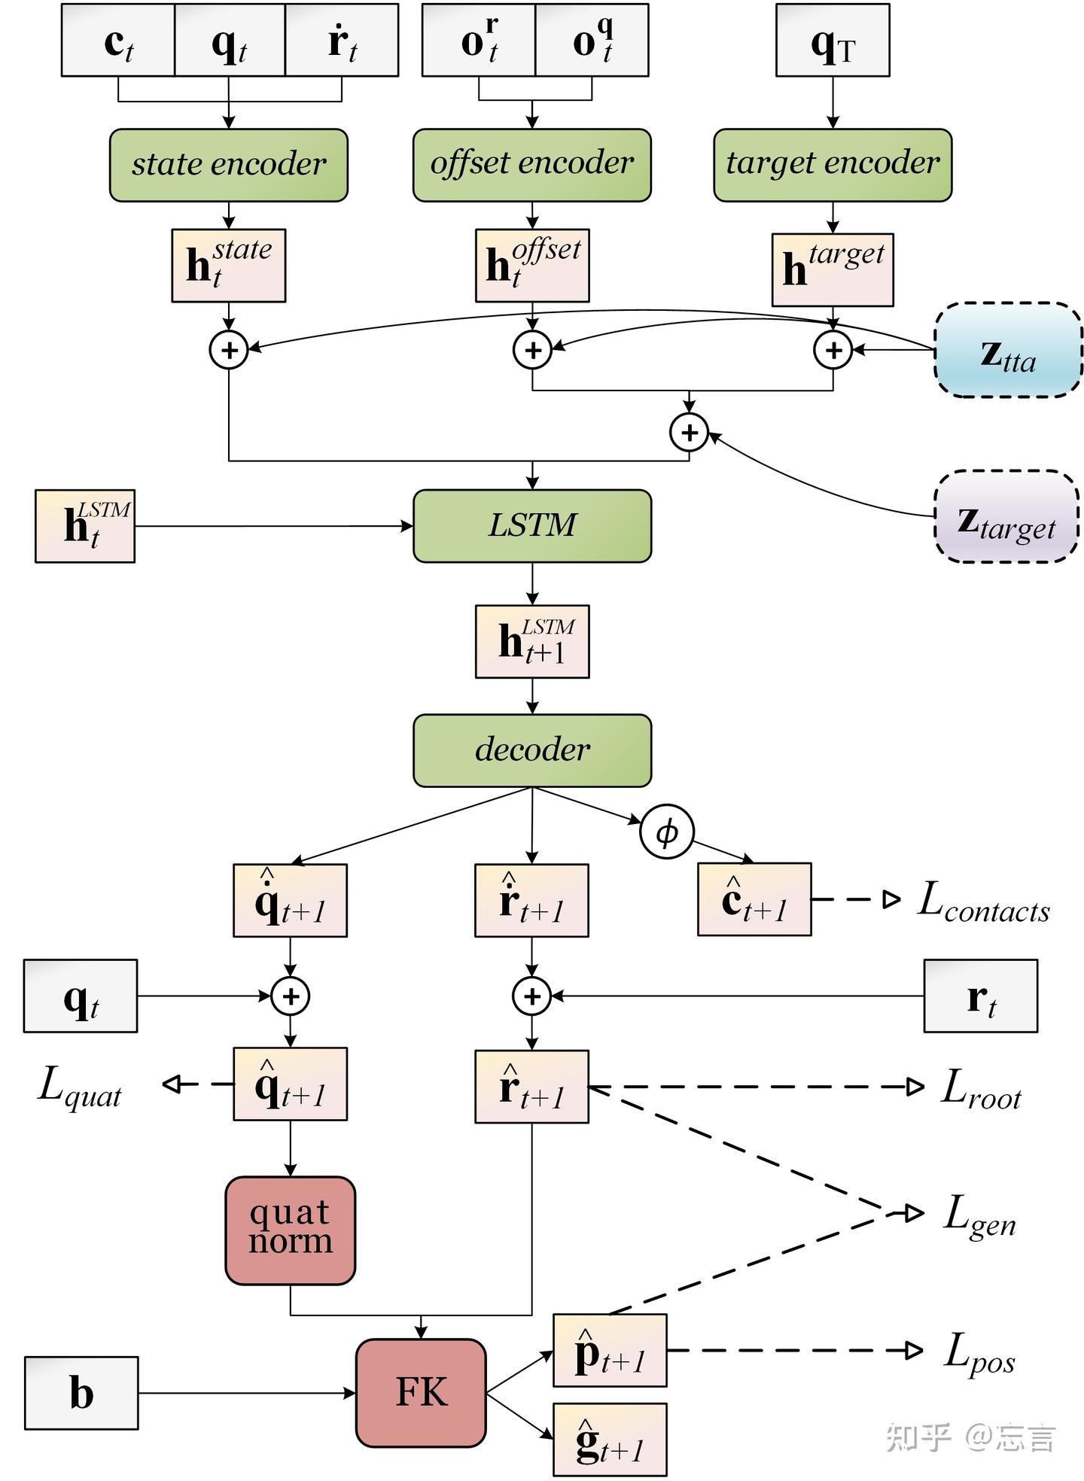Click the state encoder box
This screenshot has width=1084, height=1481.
228,165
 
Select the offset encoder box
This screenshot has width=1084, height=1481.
531,164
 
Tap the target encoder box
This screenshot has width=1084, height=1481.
833,164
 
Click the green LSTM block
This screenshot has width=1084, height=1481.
531,525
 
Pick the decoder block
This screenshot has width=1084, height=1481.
531,750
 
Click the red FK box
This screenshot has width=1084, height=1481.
421,1392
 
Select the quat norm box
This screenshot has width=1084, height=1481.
290,1230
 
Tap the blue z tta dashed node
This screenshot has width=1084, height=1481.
1008,350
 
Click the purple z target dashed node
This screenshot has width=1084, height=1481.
1006,516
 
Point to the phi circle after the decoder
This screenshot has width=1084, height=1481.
666,832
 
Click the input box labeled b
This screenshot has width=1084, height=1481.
81,1392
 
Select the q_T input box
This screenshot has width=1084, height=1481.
833,41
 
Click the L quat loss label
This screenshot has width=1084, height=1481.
80,1086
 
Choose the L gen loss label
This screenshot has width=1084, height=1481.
979,1215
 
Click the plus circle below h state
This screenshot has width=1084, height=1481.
229,350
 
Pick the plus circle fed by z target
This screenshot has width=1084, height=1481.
689,433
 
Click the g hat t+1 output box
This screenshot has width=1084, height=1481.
610,1439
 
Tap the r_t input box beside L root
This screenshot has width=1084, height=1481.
980,996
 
